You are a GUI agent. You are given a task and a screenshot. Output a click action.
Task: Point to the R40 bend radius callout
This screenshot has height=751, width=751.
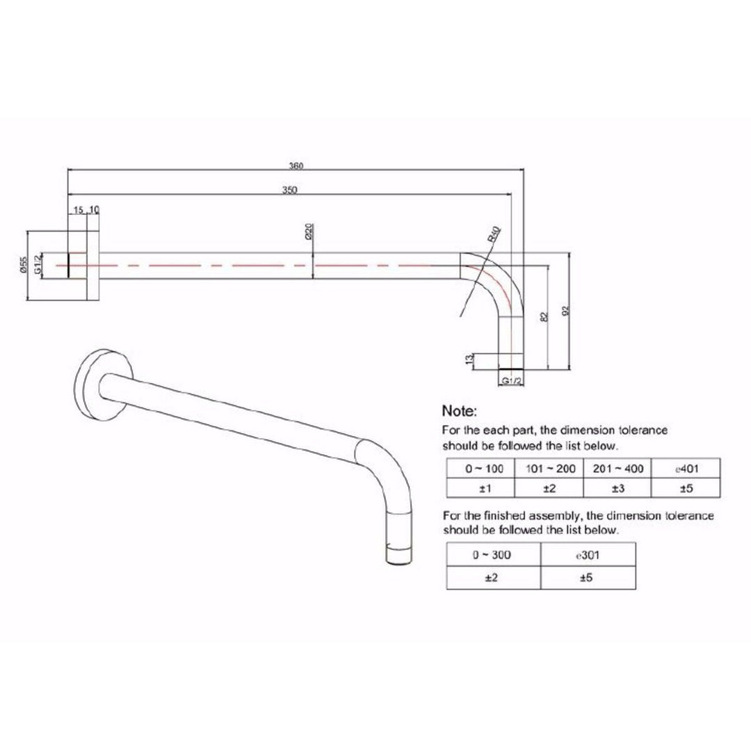494,235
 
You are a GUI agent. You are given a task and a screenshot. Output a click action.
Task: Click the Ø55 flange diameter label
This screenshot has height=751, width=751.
22,266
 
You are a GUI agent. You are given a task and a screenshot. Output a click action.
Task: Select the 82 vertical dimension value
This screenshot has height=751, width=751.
544,316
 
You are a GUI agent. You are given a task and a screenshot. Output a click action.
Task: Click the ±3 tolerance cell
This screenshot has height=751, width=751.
616,488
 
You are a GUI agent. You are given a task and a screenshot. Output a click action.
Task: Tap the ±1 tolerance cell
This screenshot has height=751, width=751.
479,488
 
